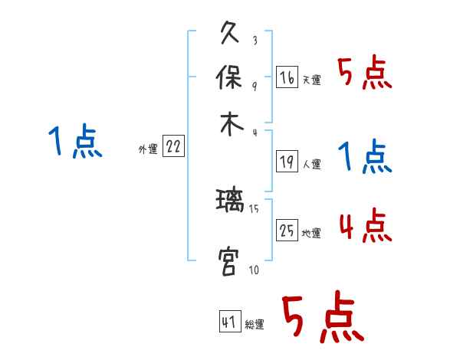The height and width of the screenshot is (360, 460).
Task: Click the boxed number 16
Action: point(287,78)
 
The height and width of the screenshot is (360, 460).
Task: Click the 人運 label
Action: point(311,164)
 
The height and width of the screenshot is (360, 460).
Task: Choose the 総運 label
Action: point(255,325)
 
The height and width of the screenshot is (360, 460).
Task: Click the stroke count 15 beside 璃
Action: point(254,208)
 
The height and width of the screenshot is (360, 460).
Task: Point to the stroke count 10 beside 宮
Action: point(254,270)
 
